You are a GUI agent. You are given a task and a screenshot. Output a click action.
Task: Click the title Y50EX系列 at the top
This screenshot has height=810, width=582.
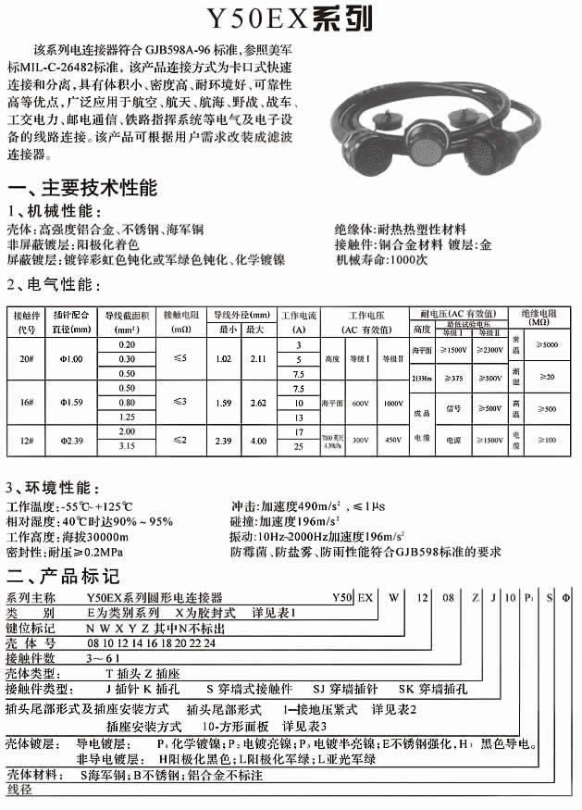pos(291,19)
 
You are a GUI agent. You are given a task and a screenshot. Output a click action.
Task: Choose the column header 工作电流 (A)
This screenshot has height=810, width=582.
pos(298,320)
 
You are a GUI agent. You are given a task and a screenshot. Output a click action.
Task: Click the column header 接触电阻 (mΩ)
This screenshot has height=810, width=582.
pos(174,320)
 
